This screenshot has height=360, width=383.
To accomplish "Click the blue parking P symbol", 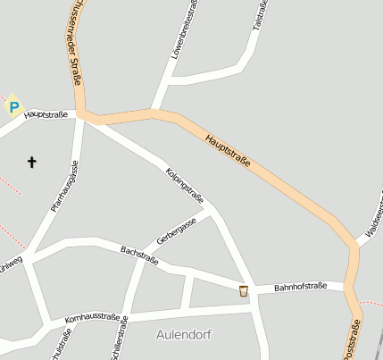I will pos(13,107).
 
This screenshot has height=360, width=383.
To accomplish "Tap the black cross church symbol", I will pos(32,162).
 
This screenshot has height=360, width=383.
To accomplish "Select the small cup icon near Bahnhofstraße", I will pos(243,290).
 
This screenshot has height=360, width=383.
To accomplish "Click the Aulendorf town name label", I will pos(183,334).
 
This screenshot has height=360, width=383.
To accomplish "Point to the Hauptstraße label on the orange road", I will pos(228,152).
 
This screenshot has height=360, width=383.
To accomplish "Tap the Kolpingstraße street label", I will pos(185,185).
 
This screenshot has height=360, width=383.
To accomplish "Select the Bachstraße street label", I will pos(139,255).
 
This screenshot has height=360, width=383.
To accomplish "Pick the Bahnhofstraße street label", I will pos(302,287).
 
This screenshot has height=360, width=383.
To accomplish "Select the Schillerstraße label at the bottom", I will pos(120,339).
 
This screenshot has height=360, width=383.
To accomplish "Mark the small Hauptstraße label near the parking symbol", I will pos(46,114).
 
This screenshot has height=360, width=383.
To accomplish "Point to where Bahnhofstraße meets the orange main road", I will pos(348,286).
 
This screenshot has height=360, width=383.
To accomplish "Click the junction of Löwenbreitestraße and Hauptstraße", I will pos(154,111).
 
